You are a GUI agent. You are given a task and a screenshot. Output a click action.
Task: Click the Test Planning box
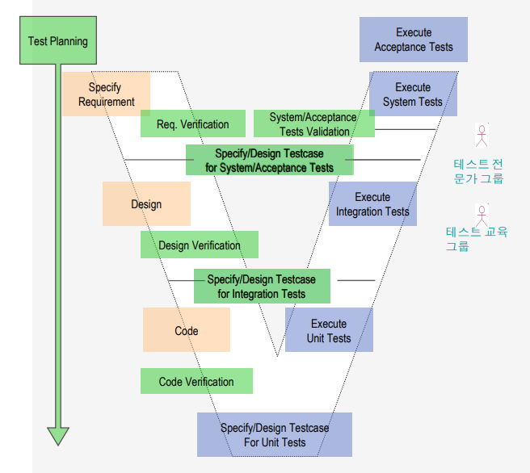pos(57,41)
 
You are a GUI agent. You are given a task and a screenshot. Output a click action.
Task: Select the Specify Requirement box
pos(106,94)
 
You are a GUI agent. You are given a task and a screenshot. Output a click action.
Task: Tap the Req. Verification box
pos(192,123)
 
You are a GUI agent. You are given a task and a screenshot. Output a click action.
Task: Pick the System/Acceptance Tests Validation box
pos(314,123)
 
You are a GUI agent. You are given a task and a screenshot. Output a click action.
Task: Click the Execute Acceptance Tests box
pos(414,40)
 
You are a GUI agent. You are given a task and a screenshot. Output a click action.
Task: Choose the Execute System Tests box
pos(413,94)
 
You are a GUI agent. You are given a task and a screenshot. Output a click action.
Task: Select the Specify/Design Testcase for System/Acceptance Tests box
pos(269,160)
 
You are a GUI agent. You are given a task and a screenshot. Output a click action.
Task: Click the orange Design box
pos(146,204)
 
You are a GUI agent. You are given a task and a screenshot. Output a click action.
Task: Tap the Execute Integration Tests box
pos(372,204)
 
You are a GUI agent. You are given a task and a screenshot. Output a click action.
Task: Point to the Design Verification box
pos(199,245)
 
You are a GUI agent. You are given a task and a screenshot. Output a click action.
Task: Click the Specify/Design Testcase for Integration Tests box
pos(261,287)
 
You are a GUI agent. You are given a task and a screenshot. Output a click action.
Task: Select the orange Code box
pos(186,330)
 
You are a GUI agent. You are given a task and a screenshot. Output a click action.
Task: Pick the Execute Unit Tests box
pos(329,330)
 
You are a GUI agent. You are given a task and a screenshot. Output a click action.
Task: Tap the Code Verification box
pos(196,381)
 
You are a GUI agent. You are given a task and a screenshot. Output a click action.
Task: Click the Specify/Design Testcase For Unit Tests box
pos(275,434)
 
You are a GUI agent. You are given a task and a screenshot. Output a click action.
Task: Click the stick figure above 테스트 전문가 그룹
pos(482,136)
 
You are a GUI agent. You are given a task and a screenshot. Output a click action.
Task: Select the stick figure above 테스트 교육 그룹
pos(482,215)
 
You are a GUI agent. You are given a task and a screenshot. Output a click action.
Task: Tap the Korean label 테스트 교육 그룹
pos(477,239)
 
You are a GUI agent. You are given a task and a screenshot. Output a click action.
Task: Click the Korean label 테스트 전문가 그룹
pos(478,170)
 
